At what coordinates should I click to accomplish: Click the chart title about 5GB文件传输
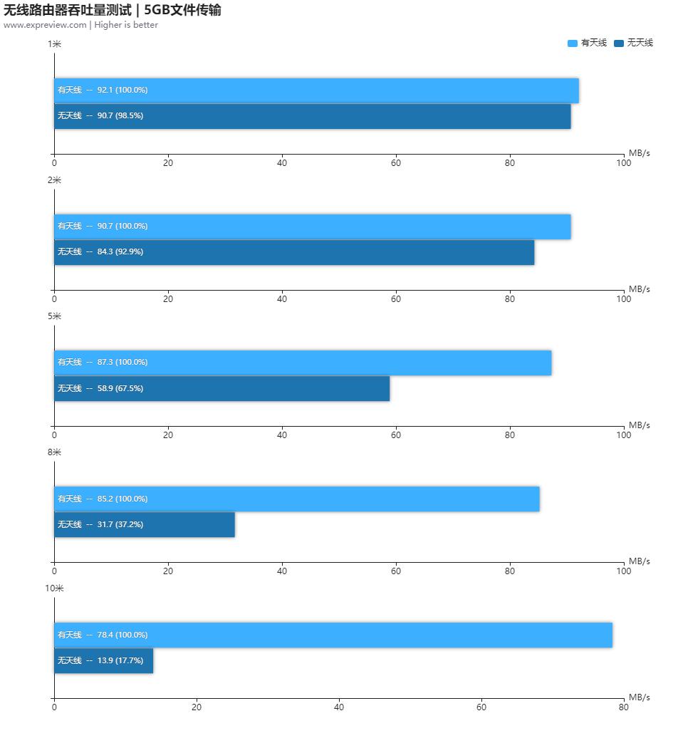point(113,10)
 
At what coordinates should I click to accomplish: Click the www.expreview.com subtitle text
point(80,25)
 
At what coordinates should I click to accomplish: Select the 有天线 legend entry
point(588,43)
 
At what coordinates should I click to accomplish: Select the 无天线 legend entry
point(633,43)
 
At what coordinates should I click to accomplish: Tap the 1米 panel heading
point(54,44)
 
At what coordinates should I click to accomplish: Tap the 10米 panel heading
point(54,588)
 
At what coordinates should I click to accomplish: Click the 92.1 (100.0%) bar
point(316,90)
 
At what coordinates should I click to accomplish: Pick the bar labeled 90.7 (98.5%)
point(312,116)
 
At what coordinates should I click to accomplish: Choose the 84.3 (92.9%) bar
point(294,252)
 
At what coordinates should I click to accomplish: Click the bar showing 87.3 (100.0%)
point(303,363)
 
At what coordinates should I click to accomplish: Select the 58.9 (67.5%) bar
point(221,389)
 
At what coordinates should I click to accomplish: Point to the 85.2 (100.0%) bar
point(296,499)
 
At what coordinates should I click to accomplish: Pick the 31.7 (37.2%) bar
point(145,525)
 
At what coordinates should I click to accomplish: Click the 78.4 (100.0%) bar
point(333,635)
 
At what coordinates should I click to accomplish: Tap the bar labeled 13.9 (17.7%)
point(103,661)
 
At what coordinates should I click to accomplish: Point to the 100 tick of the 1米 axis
point(623,163)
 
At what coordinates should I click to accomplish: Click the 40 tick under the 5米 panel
point(282,435)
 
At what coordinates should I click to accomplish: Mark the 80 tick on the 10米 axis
point(623,707)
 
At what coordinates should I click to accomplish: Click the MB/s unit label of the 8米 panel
point(639,561)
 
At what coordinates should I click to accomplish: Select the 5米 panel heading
point(54,316)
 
